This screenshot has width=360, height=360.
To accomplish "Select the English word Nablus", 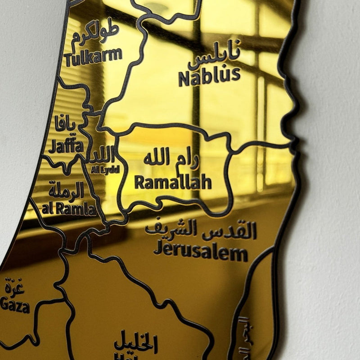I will coord(209,76).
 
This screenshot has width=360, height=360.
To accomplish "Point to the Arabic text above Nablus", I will coord(215,57).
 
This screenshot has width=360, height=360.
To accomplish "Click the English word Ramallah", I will coord(173,182).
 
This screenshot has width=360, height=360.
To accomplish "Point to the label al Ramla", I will coord(68,209).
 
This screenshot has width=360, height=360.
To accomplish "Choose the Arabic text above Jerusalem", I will coord(200,230).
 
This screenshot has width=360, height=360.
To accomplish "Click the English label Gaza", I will coord(14,306).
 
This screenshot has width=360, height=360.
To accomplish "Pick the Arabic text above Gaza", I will coord(15,286).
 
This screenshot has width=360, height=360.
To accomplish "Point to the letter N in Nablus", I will coord(184,78).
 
